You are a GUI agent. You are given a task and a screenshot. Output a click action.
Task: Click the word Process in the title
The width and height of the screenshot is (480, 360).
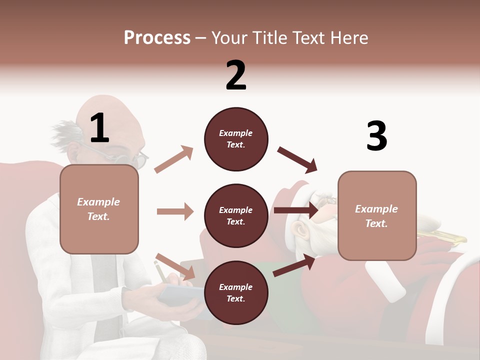tap(157, 37)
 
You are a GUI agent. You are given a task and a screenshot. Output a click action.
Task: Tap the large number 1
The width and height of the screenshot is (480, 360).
tap(99, 128)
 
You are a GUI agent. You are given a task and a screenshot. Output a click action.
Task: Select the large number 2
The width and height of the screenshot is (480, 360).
tap(236, 75)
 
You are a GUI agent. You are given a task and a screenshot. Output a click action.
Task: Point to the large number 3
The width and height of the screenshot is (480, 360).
tap(376, 136)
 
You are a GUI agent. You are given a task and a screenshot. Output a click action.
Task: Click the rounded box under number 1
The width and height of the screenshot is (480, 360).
tap(99, 209)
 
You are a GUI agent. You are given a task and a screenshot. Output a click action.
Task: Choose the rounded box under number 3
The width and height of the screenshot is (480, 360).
tap(377, 215)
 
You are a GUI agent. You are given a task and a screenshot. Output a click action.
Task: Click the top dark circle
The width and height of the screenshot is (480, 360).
tap(236, 139)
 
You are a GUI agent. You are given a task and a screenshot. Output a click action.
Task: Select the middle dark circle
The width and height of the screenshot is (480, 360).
tap(236, 215)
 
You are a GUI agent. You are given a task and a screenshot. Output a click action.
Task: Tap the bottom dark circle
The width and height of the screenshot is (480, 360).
tap(236, 292)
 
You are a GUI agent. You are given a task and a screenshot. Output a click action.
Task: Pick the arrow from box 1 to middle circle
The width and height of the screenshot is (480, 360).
tap(175, 211)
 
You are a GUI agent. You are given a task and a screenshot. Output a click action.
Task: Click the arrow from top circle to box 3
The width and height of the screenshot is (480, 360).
tap(297, 159)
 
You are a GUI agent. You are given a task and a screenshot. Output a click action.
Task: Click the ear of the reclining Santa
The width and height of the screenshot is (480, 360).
tap(300, 230)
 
